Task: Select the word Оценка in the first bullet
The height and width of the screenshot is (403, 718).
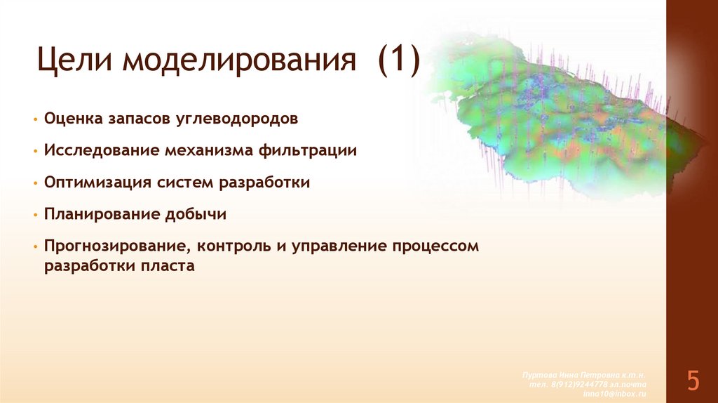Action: click(x=73, y=119)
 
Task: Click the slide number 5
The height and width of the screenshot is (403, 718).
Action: click(x=692, y=381)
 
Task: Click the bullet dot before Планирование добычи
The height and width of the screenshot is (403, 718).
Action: click(x=34, y=215)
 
